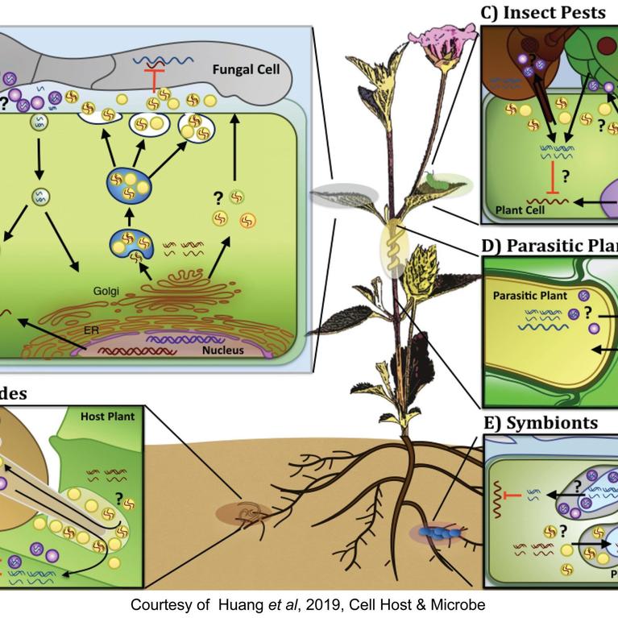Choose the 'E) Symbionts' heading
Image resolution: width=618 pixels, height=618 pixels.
click(x=539, y=422)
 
